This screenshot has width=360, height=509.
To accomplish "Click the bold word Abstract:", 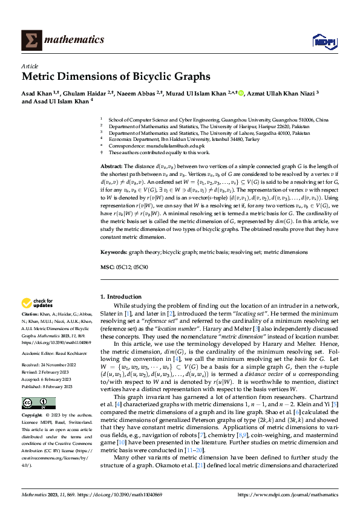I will [x=111, y=166].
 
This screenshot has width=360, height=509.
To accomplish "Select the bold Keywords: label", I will [x=114, y=251].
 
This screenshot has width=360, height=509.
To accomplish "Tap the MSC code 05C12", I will [x=123, y=267].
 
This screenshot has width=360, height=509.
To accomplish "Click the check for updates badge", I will [x=37, y=303].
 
